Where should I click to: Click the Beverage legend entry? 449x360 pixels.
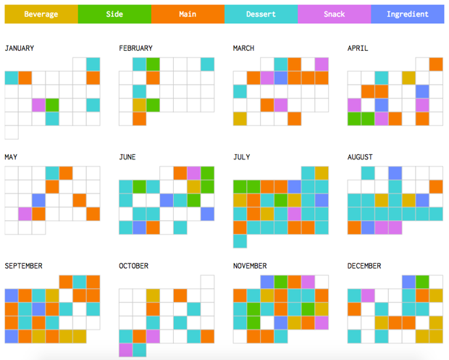pos(41,14)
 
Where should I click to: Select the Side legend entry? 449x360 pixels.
pos(114,14)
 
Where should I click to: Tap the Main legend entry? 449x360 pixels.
pos(188,14)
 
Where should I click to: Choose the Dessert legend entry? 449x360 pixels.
pos(261,14)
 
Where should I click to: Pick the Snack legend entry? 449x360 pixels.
pos(335,14)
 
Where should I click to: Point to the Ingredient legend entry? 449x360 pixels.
pos(408,14)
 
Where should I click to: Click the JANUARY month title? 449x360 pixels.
pos(20,49)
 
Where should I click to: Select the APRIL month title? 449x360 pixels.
pos(358,49)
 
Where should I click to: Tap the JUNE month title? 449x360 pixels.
pos(129,157)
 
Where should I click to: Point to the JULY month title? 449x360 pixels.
pos(242,157)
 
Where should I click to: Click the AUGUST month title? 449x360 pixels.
pos(360,157)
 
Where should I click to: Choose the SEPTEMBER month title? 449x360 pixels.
pos(24,266)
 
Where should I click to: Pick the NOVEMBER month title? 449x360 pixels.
pos(251,266)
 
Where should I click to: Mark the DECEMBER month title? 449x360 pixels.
pos(365,266)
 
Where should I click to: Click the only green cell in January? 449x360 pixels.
pos(52,105)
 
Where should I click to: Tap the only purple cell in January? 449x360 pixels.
pos(38,105)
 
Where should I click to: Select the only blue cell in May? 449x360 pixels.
pos(38,200)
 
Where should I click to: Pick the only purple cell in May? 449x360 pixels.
pos(25,214)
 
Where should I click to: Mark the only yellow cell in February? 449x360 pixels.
pos(139,105)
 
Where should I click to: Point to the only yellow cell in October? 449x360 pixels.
pos(153,296)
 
